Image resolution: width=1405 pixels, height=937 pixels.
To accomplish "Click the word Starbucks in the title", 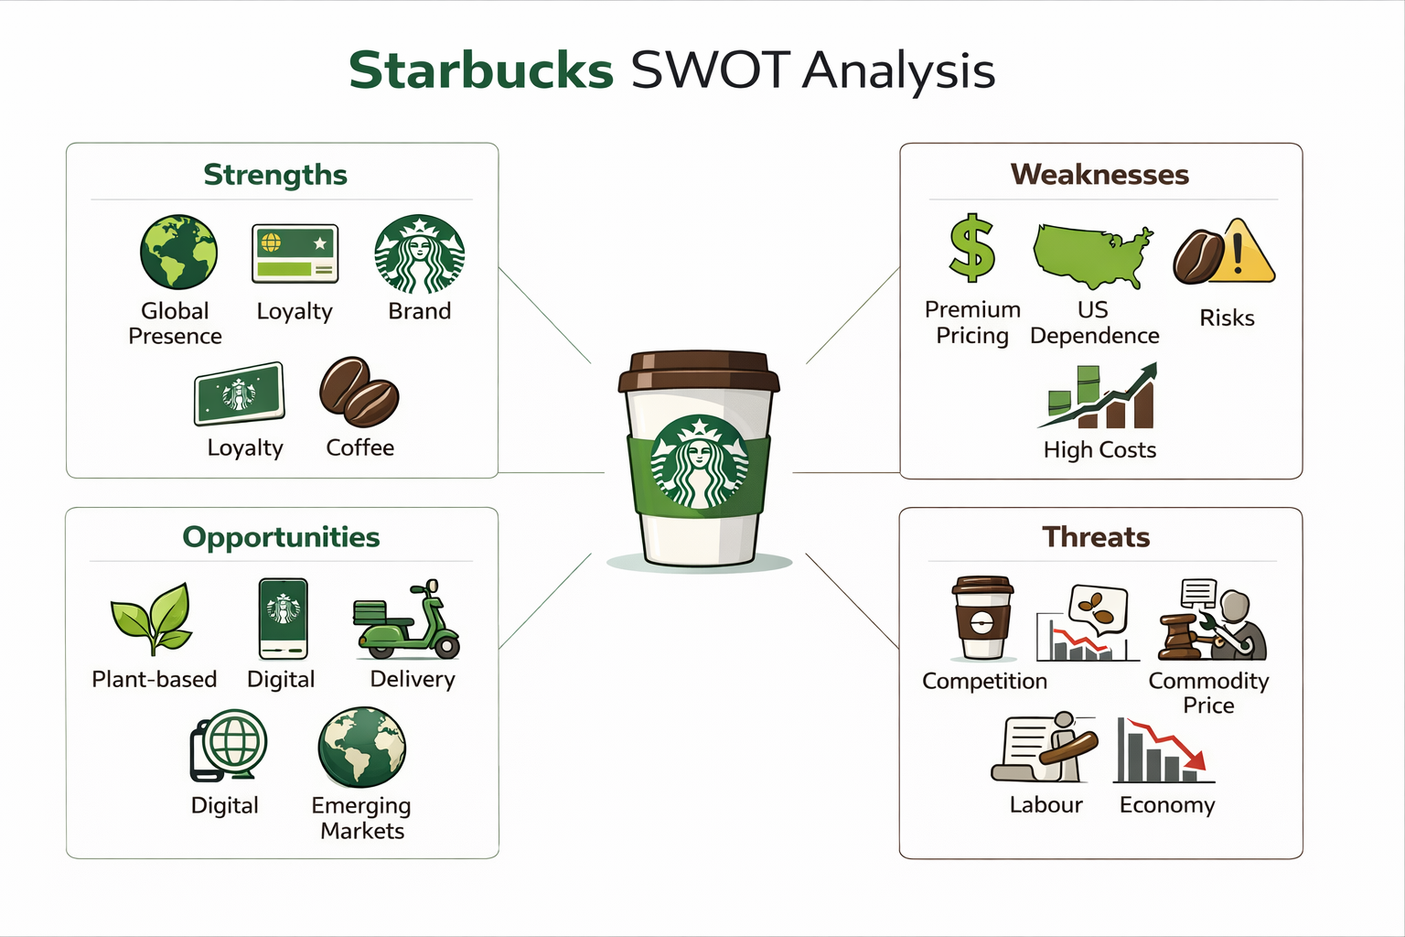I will tap(480, 70).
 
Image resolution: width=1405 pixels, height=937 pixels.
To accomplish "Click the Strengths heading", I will tap(275, 174).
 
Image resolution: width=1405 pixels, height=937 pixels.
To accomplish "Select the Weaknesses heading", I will tap(1099, 174).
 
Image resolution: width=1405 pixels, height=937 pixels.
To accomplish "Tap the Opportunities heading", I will tap(281, 536).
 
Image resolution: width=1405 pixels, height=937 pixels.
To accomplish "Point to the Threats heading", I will tap(1096, 536).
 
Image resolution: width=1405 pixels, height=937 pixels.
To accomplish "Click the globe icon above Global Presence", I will tap(178, 253).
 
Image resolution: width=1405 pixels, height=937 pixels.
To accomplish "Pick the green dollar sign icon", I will tap(971, 248).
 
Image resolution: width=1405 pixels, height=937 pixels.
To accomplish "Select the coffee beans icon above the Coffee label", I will tap(359, 393).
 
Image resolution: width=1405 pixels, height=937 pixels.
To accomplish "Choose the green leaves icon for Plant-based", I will tap(152, 618).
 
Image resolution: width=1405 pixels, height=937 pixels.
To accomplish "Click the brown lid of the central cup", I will tap(699, 371).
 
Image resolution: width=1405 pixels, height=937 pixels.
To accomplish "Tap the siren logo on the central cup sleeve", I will tap(700, 462).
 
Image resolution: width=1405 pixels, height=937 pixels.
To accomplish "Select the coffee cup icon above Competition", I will tap(982, 618).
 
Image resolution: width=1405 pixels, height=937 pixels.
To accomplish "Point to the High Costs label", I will tap(1099, 449).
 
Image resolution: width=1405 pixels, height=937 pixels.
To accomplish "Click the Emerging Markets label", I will tap(361, 817).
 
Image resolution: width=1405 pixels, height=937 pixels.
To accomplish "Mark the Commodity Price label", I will tap(1208, 693).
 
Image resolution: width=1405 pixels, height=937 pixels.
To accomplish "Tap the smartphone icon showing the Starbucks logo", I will tap(283, 619).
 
